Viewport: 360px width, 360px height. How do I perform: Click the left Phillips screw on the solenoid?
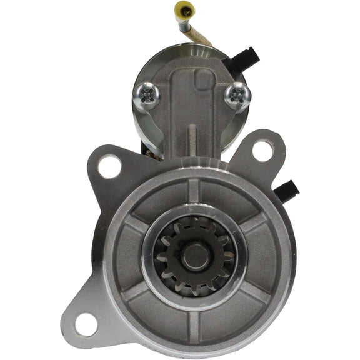pyautogui.click(x=147, y=94)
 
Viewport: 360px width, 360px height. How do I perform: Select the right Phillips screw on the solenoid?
pyautogui.click(x=238, y=94)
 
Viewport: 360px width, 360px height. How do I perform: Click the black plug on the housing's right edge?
pyautogui.click(x=287, y=191)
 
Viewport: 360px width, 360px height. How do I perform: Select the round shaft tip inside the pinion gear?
pyautogui.click(x=195, y=254)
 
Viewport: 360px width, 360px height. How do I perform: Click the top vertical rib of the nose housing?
pyautogui.click(x=194, y=190)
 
